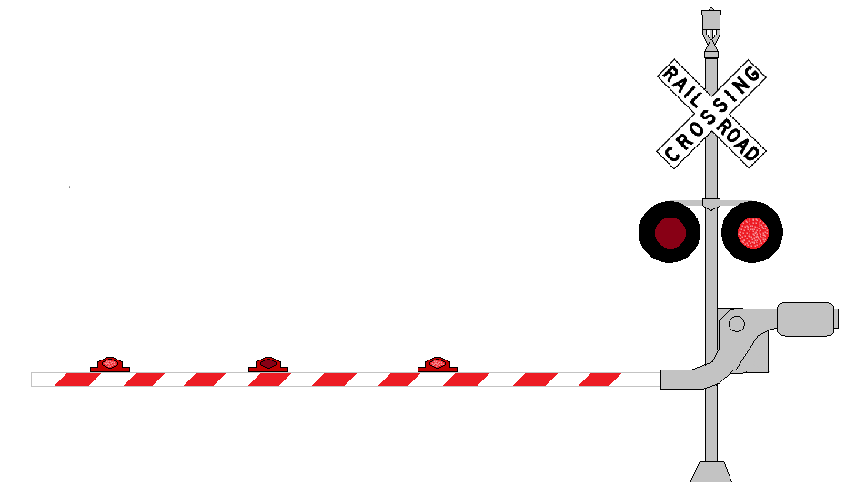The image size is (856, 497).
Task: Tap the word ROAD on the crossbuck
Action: [738, 140]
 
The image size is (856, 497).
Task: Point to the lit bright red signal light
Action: [753, 233]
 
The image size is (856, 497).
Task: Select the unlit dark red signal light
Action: [670, 233]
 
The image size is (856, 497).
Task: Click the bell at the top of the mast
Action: [710, 33]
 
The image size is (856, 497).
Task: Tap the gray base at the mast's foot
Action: [710, 472]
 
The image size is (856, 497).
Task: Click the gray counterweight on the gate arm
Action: [806, 319]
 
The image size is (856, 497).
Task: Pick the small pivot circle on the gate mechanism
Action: [737, 324]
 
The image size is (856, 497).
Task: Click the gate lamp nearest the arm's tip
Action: [110, 364]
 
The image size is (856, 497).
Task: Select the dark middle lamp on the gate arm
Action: [268, 364]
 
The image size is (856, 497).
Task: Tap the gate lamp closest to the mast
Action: [438, 364]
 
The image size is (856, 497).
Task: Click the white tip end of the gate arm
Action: [33, 380]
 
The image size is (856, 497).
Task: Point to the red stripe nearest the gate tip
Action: [77, 380]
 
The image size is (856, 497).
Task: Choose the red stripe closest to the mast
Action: [599, 380]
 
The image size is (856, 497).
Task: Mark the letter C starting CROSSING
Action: [671, 155]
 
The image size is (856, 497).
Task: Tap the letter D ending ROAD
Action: [751, 153]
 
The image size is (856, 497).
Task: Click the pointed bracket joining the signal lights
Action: [710, 204]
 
